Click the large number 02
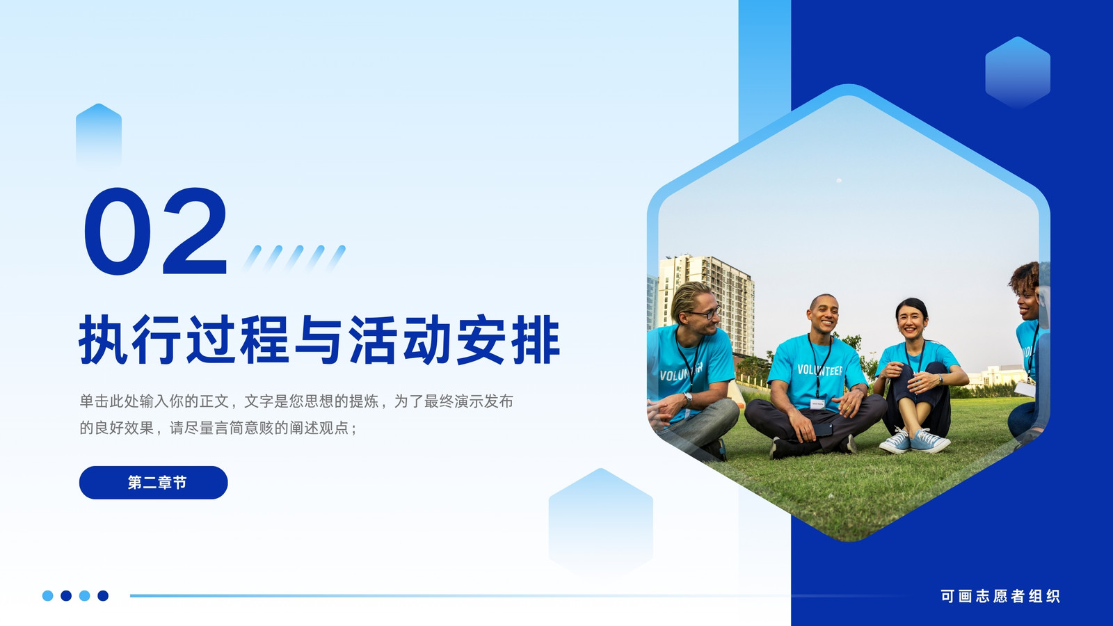[156, 231]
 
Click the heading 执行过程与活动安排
[319, 340]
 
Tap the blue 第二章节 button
[154, 483]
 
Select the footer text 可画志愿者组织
[1000, 595]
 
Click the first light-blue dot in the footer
[48, 595]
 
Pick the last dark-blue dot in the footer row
[103, 595]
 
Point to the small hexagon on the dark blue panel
[1018, 72]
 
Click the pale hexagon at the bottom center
[601, 522]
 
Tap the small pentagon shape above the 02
[98, 134]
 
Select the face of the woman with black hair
[912, 321]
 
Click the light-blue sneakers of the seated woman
[915, 441]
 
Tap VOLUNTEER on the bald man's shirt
[820, 370]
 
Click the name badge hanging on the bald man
[817, 404]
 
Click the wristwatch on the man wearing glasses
[688, 398]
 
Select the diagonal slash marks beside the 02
[294, 258]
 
